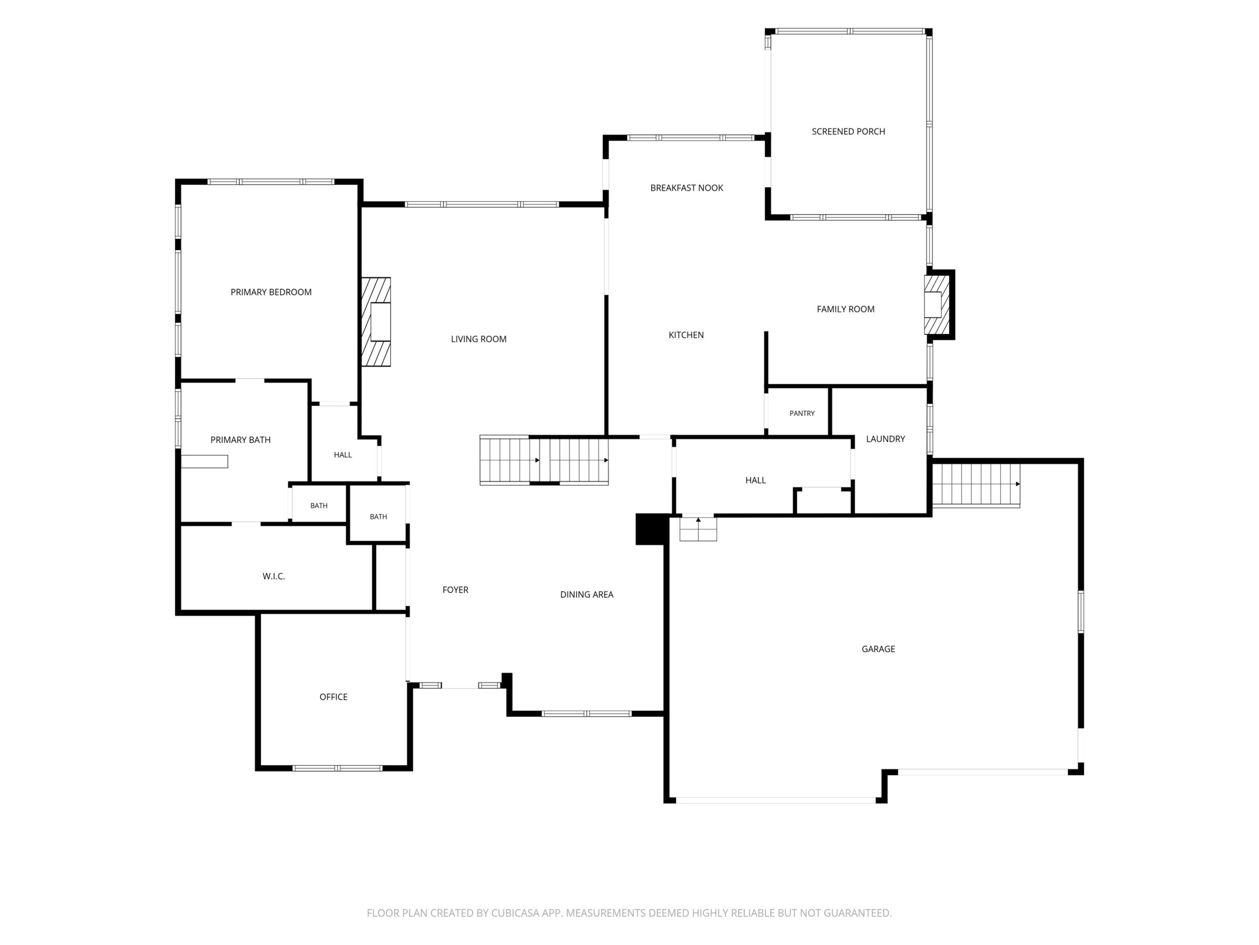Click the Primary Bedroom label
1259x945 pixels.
(271, 292)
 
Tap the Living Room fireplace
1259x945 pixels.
(376, 322)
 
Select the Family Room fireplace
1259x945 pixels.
(937, 305)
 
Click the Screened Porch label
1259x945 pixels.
(848, 131)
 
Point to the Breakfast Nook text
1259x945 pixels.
(687, 188)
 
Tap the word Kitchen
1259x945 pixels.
(686, 335)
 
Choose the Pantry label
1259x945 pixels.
(802, 413)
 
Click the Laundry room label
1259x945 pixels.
(885, 439)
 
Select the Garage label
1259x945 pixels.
(878, 649)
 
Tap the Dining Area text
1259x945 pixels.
(586, 595)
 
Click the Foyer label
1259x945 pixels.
(455, 590)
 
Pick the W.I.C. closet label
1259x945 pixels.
(274, 576)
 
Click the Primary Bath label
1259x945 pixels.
(240, 440)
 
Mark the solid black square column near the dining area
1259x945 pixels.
(652, 529)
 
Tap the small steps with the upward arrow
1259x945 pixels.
(698, 529)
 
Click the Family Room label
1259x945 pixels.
(845, 309)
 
